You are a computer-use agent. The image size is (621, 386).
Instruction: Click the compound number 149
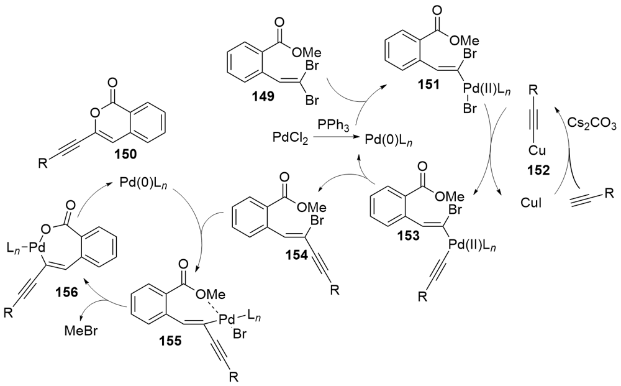click(x=264, y=96)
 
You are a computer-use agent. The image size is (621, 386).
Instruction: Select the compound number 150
click(x=125, y=154)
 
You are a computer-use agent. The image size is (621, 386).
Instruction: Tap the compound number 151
click(x=428, y=84)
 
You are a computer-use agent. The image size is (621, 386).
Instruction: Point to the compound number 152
click(x=538, y=170)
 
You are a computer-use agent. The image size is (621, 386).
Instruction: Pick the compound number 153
click(x=409, y=235)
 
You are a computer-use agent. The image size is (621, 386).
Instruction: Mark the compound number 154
click(x=297, y=255)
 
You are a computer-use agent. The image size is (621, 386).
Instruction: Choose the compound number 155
click(x=171, y=341)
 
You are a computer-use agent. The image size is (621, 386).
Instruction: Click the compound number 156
click(x=66, y=292)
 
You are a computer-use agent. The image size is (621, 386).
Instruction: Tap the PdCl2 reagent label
click(x=290, y=139)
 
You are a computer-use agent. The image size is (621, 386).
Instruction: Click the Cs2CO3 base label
click(x=592, y=123)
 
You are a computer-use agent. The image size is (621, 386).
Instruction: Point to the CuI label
click(x=531, y=203)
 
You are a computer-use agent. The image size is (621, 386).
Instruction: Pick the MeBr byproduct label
click(x=81, y=331)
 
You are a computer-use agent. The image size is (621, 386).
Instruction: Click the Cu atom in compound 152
click(x=537, y=151)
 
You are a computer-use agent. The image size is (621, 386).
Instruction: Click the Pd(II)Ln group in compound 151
click(x=485, y=93)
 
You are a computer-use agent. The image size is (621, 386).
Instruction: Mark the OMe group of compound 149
click(x=306, y=52)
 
